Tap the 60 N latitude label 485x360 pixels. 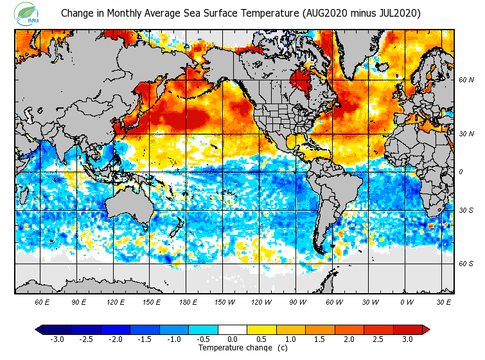point(466,80)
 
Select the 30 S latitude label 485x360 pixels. point(466,211)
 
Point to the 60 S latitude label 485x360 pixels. point(466,264)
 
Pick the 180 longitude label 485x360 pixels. point(188,301)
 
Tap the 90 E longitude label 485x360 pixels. point(80,301)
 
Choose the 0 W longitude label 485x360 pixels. point(406,301)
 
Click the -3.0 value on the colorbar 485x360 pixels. point(57,339)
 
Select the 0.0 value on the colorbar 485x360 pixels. point(233,339)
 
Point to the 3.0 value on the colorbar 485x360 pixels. point(407,339)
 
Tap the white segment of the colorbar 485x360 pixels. point(233,329)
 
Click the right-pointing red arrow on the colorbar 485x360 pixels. point(425,329)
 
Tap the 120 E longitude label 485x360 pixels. point(116,301)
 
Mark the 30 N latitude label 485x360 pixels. point(466,133)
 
